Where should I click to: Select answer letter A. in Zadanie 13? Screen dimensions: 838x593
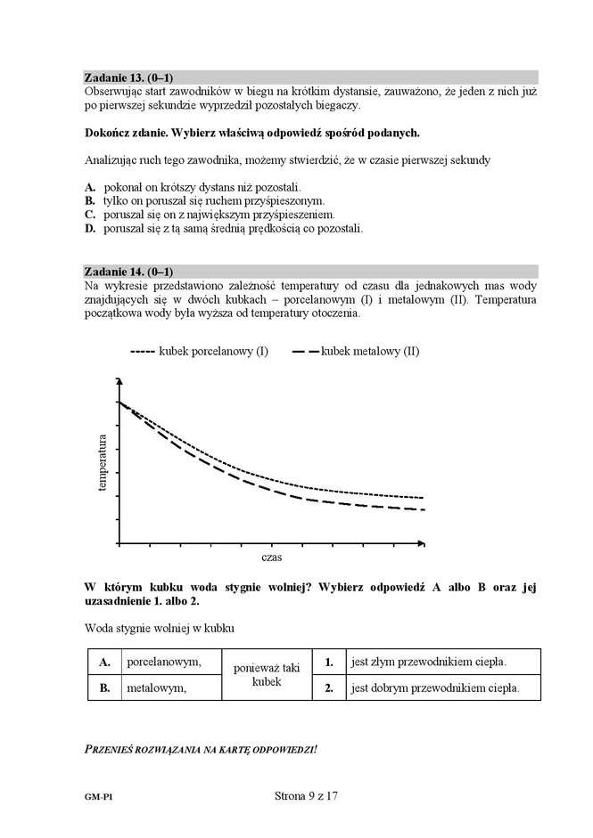point(90,187)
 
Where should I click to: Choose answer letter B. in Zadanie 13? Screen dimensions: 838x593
point(90,201)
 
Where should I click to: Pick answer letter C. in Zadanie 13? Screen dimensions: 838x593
point(90,215)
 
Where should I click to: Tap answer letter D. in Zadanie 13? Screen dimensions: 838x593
point(90,229)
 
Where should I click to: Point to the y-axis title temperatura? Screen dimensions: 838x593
point(103,463)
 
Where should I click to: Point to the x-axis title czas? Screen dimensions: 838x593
point(272,558)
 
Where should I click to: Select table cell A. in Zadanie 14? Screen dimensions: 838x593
point(104,663)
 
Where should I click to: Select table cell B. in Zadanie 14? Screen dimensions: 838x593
point(104,688)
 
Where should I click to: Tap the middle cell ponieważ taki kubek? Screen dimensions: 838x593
point(267,675)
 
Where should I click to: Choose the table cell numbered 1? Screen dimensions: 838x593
point(329,663)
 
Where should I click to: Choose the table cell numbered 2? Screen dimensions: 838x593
point(329,688)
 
